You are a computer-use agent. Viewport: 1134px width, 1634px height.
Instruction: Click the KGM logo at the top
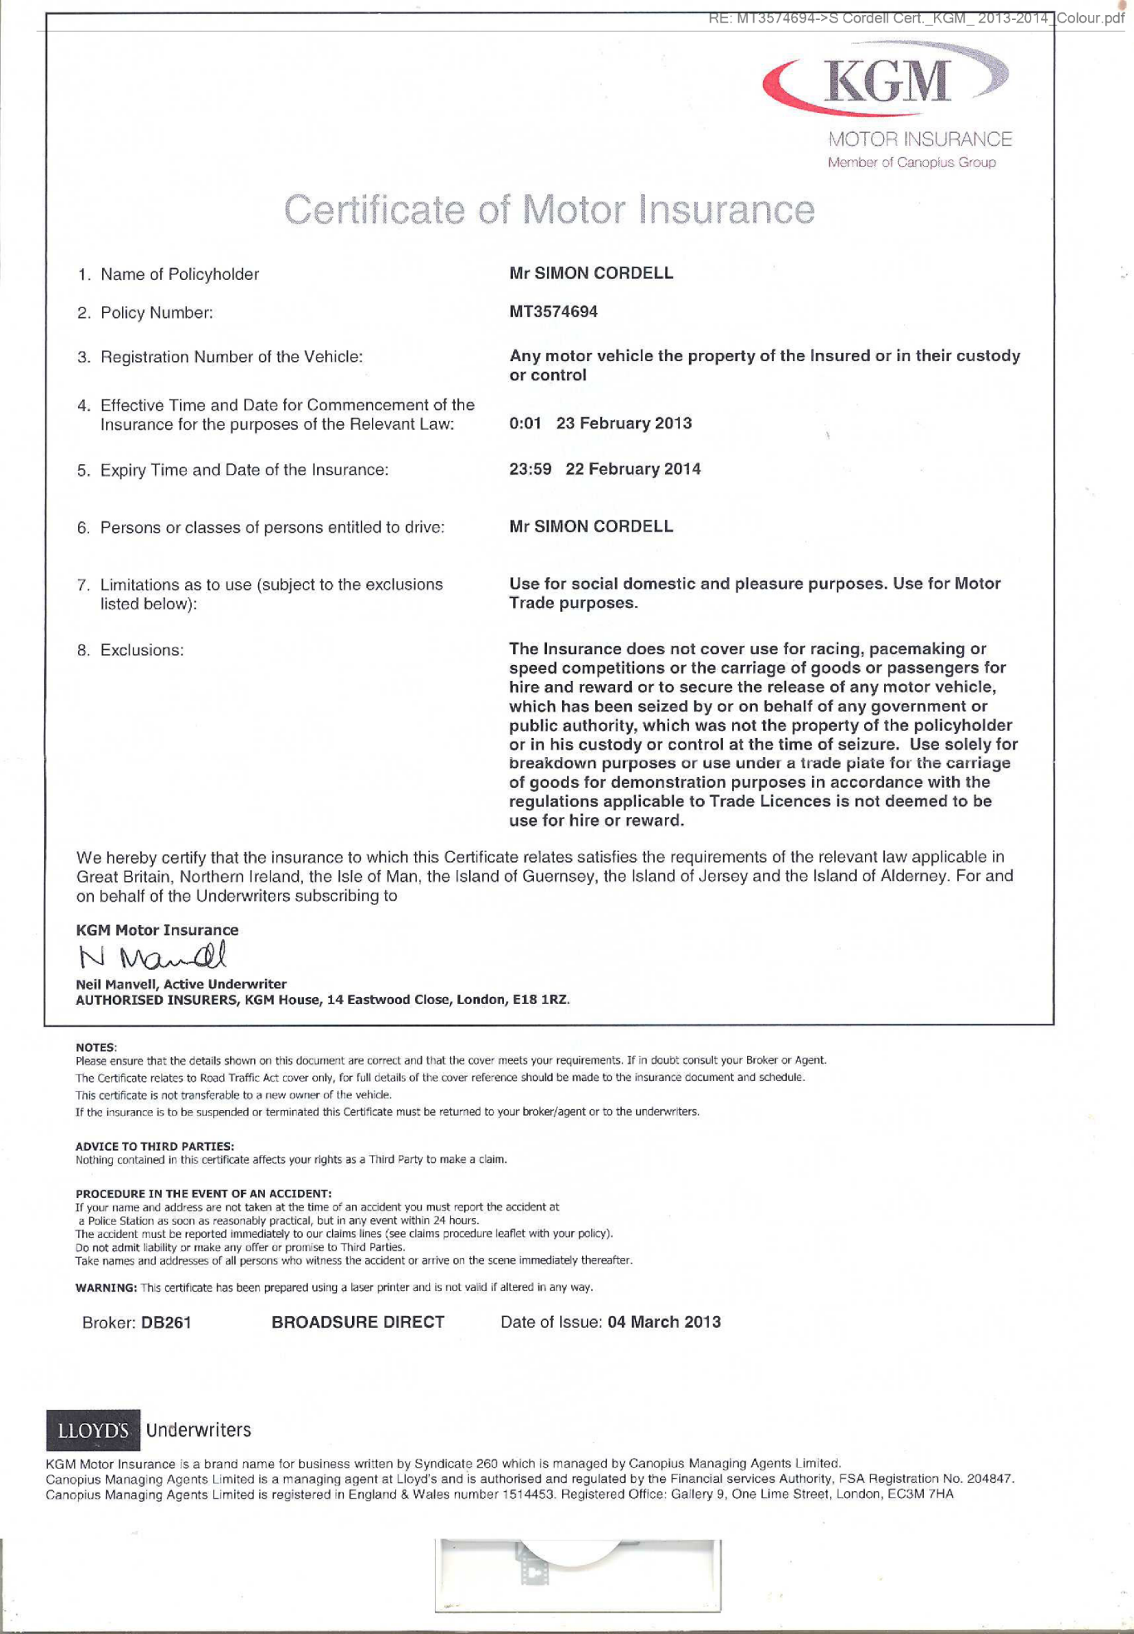coord(887,80)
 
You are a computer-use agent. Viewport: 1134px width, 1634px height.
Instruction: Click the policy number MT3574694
coord(553,311)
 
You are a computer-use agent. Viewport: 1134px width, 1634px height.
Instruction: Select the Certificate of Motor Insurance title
coord(549,209)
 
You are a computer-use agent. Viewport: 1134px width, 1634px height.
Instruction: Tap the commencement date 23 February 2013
coord(623,423)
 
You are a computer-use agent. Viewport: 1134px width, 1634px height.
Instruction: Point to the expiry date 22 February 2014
coord(633,469)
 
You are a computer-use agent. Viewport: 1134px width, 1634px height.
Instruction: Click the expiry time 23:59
coord(530,469)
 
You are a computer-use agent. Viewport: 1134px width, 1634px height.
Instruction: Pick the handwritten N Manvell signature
coord(152,956)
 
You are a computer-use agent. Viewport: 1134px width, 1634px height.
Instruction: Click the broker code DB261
coord(166,1323)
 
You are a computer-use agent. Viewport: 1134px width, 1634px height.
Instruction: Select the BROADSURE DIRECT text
coord(358,1322)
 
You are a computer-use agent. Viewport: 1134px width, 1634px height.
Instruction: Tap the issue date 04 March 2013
coord(664,1322)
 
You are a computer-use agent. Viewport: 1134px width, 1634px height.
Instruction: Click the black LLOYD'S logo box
coord(93,1430)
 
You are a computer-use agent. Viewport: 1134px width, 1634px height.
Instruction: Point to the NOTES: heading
coord(96,1047)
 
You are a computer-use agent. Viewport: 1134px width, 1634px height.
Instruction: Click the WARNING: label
coord(106,1288)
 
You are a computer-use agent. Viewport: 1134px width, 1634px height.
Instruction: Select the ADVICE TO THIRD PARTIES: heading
coord(154,1146)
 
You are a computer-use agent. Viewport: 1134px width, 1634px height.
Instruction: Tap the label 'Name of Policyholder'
coord(179,274)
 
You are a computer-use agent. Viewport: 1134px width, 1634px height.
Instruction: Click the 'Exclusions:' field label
coord(141,650)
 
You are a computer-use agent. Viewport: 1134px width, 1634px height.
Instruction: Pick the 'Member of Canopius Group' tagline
coord(912,163)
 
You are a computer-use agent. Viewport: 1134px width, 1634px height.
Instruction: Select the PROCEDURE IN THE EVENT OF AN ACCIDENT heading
coord(203,1193)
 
